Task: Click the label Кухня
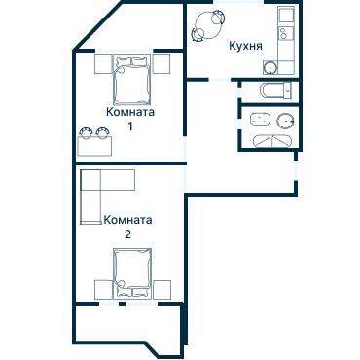[x=245, y=46]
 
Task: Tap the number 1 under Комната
[x=130, y=126]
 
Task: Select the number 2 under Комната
[x=127, y=234]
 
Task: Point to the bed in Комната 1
[x=132, y=80]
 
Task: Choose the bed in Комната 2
[x=132, y=272]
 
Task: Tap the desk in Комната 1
[x=94, y=146]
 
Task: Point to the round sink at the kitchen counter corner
[x=270, y=68]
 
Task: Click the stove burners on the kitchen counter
[x=286, y=32]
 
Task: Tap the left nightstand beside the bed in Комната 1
[x=103, y=64]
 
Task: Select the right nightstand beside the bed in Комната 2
[x=162, y=290]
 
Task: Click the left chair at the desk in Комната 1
[x=86, y=132]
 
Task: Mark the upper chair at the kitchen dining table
[x=217, y=17]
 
